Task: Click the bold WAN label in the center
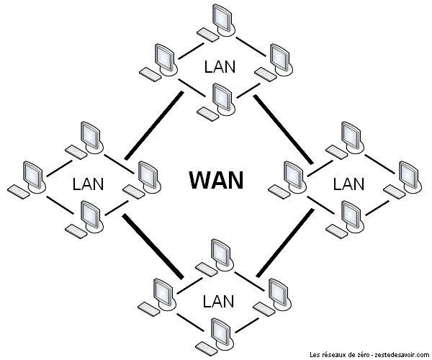click(216, 179)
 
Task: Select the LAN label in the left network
click(88, 184)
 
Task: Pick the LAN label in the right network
click(348, 184)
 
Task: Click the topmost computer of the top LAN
click(222, 19)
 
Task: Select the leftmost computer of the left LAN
click(31, 176)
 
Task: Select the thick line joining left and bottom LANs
click(152, 244)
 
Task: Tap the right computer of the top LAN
click(276, 58)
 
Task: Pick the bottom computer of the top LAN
click(220, 97)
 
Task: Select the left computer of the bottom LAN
click(161, 292)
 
